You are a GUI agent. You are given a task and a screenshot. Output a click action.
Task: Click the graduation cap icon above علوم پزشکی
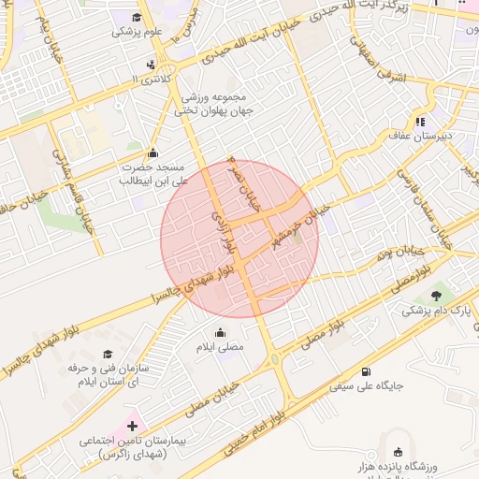[x=138, y=18]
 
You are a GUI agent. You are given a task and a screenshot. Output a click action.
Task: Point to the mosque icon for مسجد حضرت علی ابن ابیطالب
[x=153, y=153]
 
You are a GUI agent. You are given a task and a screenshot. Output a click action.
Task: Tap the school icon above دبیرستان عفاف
[x=421, y=121]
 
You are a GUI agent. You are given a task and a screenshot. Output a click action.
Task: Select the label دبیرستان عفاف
[x=422, y=136]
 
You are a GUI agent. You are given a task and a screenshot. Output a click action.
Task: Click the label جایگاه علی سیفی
[x=370, y=385]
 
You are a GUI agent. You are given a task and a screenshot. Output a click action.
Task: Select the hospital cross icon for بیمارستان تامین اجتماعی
[x=132, y=426]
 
